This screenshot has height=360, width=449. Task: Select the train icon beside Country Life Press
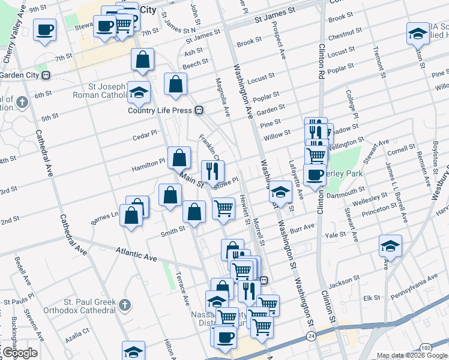[x=198, y=110]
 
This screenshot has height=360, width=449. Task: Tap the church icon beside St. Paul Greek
[x=125, y=305]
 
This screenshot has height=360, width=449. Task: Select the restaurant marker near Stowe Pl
[x=212, y=171]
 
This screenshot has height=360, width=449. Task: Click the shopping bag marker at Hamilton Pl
[x=179, y=158]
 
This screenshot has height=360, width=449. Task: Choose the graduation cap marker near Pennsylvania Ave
[x=390, y=246]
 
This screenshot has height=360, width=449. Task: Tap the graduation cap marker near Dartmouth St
[x=280, y=192]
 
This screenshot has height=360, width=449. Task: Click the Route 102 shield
[x=424, y=347]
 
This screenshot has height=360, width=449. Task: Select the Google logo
[x=20, y=353]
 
